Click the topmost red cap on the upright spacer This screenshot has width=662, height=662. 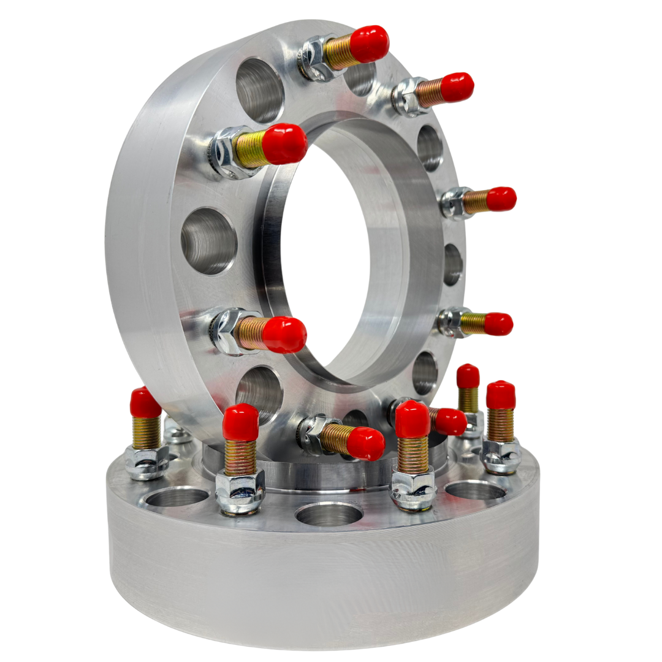pos(369,44)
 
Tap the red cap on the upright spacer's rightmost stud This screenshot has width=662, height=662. pos(501,199)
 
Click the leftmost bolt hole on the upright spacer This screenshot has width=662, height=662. pos(208,241)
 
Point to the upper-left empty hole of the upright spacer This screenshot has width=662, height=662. pos(260,90)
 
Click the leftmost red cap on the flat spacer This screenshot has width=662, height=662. pos(145,403)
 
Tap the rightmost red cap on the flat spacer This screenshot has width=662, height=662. pos(501,395)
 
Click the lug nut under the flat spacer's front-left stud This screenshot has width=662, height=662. pos(240,490)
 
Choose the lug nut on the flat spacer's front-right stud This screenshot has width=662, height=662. pos(413,487)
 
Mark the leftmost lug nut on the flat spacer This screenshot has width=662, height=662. pos(146,461)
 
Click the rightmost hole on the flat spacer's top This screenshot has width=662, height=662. pos(475,490)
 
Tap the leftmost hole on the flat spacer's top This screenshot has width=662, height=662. pos(177,496)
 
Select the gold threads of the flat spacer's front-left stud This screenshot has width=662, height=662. pos(240,457)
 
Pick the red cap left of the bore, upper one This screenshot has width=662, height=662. pos(284,144)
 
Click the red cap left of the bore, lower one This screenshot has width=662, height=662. pos(284,335)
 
